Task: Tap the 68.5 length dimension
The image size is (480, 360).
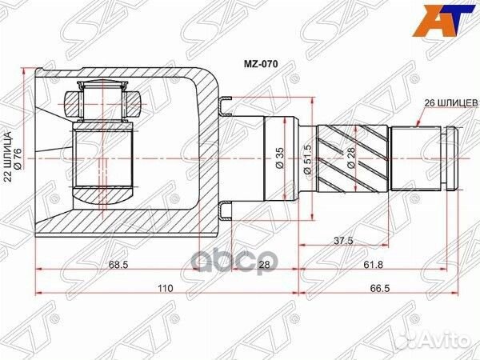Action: click(x=119, y=264)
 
